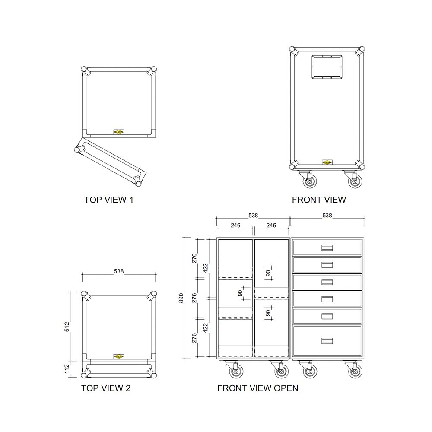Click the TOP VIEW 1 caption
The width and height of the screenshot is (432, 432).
pyautogui.click(x=109, y=200)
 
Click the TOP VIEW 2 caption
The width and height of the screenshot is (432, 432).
pyautogui.click(x=106, y=388)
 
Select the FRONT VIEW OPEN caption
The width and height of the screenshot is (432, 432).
pyautogui.click(x=257, y=388)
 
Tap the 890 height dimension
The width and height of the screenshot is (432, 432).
pyautogui.click(x=181, y=298)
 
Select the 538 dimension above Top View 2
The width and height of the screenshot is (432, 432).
pyautogui.click(x=119, y=271)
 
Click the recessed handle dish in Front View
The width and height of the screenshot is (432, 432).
pyautogui.click(x=327, y=67)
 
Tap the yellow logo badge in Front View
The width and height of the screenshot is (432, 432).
pyautogui.click(x=327, y=163)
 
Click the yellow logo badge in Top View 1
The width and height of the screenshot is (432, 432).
pyautogui.click(x=118, y=132)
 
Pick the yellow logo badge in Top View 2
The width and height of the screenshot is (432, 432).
pyautogui.click(x=118, y=356)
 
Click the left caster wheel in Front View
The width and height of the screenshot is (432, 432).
pyautogui.click(x=309, y=181)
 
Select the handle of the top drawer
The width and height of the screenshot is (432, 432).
pyautogui.click(x=327, y=248)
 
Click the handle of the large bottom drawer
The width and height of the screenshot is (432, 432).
pyautogui.click(x=327, y=341)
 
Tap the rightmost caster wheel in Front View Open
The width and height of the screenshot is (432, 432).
pyautogui.click(x=355, y=372)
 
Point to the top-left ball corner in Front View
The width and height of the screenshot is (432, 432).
pyautogui.click(x=294, y=51)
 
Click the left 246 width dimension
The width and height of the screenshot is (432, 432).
pyautogui.click(x=235, y=225)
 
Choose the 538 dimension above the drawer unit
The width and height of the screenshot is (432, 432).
pyautogui.click(x=327, y=215)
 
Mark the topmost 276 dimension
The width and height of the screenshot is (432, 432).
pyautogui.click(x=194, y=258)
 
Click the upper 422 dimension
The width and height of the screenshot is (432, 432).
pyautogui.click(x=206, y=268)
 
